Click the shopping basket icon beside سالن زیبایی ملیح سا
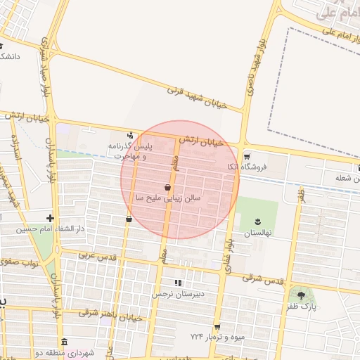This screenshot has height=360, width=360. [167, 187]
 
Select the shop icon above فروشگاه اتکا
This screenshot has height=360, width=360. [246, 155]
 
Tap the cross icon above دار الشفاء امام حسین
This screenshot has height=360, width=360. [49, 218]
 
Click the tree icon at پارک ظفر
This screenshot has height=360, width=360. [302, 296]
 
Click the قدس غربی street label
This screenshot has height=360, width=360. [96, 256]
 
